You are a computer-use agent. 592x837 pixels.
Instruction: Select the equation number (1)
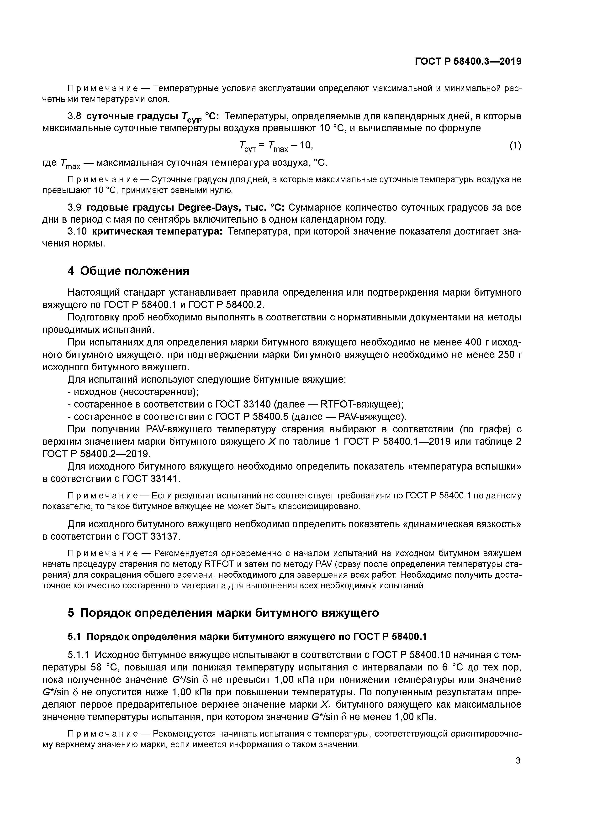(x=515, y=146)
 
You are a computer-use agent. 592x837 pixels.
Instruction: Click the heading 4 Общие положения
(x=128, y=271)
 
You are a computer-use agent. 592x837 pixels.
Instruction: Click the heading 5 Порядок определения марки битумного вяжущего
(x=223, y=613)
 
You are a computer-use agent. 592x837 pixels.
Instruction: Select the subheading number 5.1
(x=75, y=637)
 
